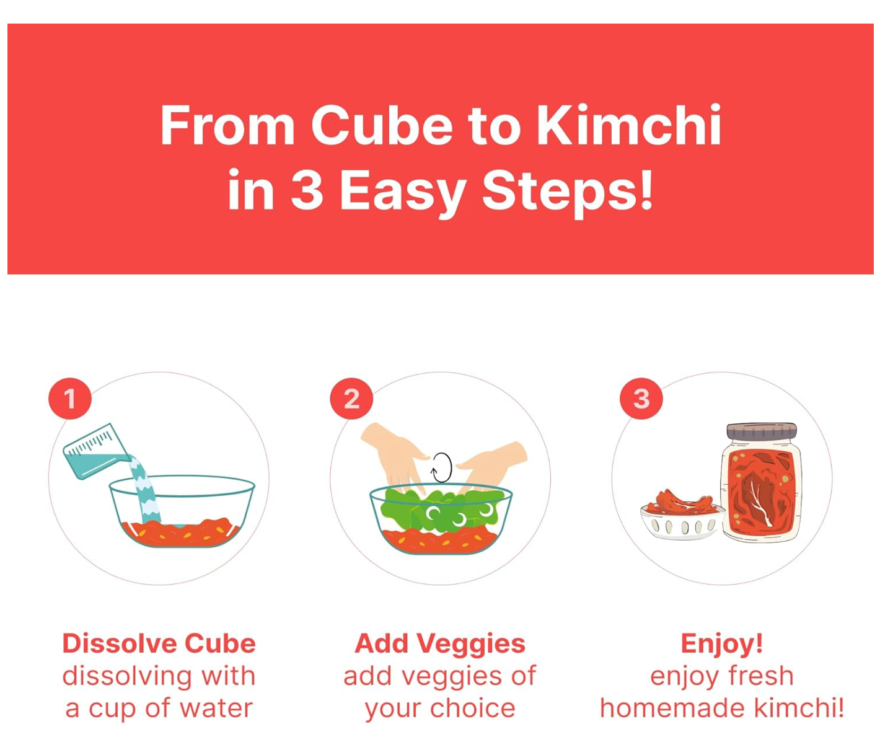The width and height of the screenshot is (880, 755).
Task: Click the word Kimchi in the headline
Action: tap(628, 125)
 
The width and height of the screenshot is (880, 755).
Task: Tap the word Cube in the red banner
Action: tap(382, 126)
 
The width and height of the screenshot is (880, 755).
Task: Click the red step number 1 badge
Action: tap(70, 399)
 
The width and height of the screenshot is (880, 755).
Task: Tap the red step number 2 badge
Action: tap(351, 399)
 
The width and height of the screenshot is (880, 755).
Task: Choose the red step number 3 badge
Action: tap(641, 399)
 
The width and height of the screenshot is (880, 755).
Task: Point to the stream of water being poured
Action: tap(145, 490)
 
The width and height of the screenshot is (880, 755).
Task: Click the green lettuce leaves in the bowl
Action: tap(441, 510)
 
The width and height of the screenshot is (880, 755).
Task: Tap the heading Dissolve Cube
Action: tap(159, 643)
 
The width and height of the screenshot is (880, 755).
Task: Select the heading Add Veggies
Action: tap(440, 644)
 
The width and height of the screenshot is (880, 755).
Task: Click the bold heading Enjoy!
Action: tap(721, 644)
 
